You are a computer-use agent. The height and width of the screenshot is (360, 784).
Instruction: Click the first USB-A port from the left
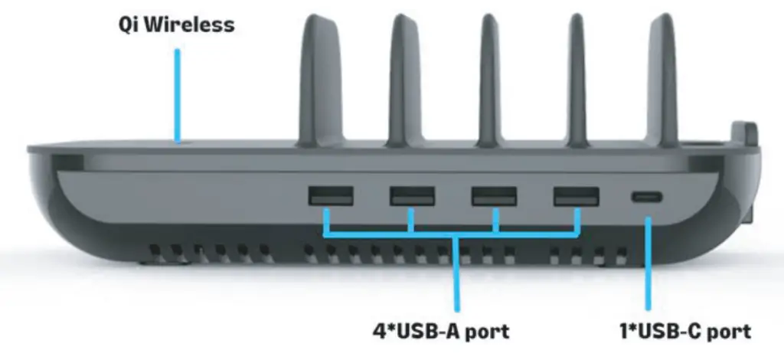331,196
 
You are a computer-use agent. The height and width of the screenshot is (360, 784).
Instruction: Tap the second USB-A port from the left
413,196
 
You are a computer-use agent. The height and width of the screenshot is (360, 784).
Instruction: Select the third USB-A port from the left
493,196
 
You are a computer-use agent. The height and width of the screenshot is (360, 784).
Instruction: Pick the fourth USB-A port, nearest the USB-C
576,196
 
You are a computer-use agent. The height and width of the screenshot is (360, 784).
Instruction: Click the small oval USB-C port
648,197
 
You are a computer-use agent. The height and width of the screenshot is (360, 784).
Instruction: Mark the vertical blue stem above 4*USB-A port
457,276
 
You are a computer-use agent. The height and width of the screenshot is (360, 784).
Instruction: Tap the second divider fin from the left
403,77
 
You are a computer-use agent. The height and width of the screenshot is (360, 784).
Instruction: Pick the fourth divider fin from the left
577,77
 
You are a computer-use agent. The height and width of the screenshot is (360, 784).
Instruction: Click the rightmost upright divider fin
662,77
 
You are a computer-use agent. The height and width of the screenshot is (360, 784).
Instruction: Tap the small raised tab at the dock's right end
742,132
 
